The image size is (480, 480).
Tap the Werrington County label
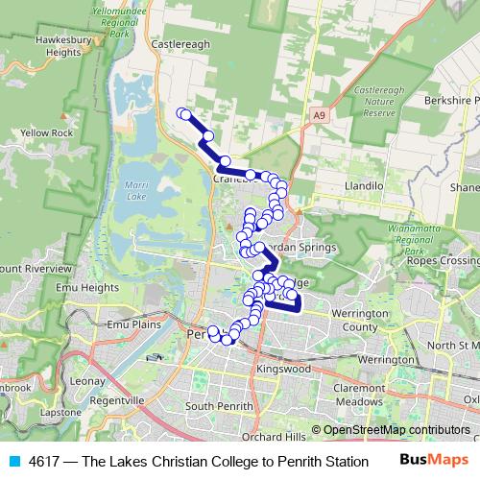(x=354, y=321)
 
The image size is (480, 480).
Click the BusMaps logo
(x=436, y=461)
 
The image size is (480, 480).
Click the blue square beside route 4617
(x=12, y=461)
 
